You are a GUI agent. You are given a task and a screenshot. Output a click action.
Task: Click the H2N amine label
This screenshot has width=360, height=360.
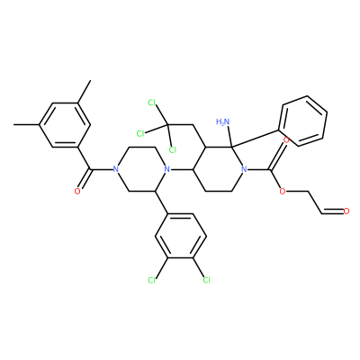(x=223, y=121)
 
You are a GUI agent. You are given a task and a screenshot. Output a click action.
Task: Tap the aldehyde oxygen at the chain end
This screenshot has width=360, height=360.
(x=346, y=211)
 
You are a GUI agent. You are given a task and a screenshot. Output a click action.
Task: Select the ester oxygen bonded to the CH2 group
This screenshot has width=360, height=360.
(x=282, y=191)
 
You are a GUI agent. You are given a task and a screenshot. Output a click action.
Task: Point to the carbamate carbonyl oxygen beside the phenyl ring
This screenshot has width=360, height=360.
(x=286, y=140)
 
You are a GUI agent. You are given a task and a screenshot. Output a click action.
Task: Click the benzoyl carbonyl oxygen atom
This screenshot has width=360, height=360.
(x=77, y=191)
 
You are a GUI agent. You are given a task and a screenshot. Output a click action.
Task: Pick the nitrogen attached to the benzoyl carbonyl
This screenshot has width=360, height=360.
(x=116, y=169)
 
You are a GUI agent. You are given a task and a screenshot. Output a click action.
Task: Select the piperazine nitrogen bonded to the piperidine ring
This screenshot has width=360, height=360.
(x=167, y=169)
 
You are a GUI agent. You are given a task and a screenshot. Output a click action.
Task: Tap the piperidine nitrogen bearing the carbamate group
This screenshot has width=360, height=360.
(x=245, y=169)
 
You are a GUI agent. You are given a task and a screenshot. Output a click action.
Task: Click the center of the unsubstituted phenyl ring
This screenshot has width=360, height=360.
(x=303, y=121)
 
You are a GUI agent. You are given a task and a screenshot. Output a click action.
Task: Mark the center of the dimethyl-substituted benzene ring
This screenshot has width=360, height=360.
(x=65, y=125)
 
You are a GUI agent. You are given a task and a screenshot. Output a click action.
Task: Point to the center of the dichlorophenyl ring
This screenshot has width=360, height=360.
(x=180, y=236)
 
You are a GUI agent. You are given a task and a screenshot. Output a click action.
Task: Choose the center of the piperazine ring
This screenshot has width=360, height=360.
(x=141, y=169)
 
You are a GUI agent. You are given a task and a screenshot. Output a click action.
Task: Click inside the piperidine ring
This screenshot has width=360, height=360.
(x=219, y=169)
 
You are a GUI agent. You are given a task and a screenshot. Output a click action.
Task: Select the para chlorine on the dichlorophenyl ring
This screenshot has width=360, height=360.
(x=206, y=280)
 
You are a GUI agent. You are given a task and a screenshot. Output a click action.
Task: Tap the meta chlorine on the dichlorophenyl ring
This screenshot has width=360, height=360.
(x=152, y=280)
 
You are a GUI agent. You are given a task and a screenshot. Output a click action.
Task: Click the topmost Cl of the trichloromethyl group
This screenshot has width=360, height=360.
(x=152, y=103)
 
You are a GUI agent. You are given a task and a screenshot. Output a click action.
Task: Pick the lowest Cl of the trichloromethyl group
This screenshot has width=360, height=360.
(x=173, y=149)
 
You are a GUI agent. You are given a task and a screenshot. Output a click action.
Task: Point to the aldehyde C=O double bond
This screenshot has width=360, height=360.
(x=332, y=211)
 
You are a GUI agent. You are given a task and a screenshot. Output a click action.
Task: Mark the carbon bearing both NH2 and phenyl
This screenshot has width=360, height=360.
(x=232, y=147)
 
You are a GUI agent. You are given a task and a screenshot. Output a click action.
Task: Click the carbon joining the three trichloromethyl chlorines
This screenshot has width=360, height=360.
(x=167, y=124)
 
